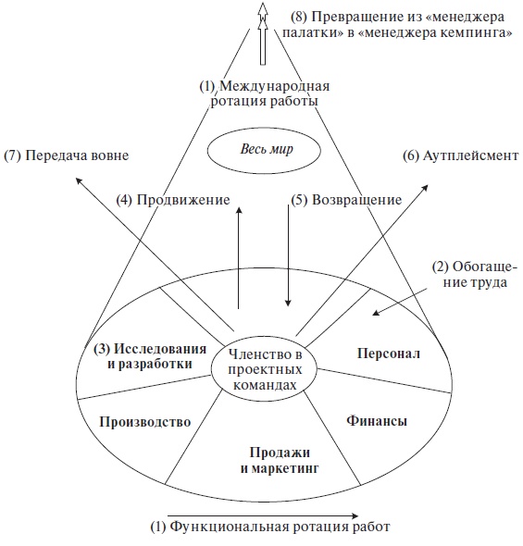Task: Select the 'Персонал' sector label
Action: (x=389, y=354)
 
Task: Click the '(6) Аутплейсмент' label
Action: (x=460, y=155)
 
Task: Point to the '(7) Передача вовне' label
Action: (x=65, y=155)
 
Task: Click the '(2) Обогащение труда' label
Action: (x=469, y=275)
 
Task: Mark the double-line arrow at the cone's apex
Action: (x=263, y=32)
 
